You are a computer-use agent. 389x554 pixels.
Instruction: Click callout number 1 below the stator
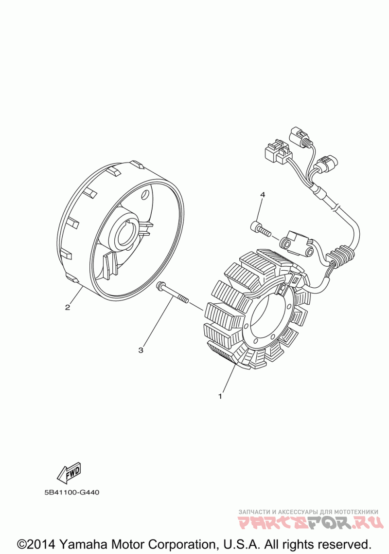click(x=220, y=396)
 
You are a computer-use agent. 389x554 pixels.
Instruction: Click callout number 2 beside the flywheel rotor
click(x=68, y=307)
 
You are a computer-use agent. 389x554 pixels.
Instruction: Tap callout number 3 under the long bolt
click(x=141, y=350)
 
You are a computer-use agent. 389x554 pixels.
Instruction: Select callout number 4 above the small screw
click(x=263, y=195)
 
